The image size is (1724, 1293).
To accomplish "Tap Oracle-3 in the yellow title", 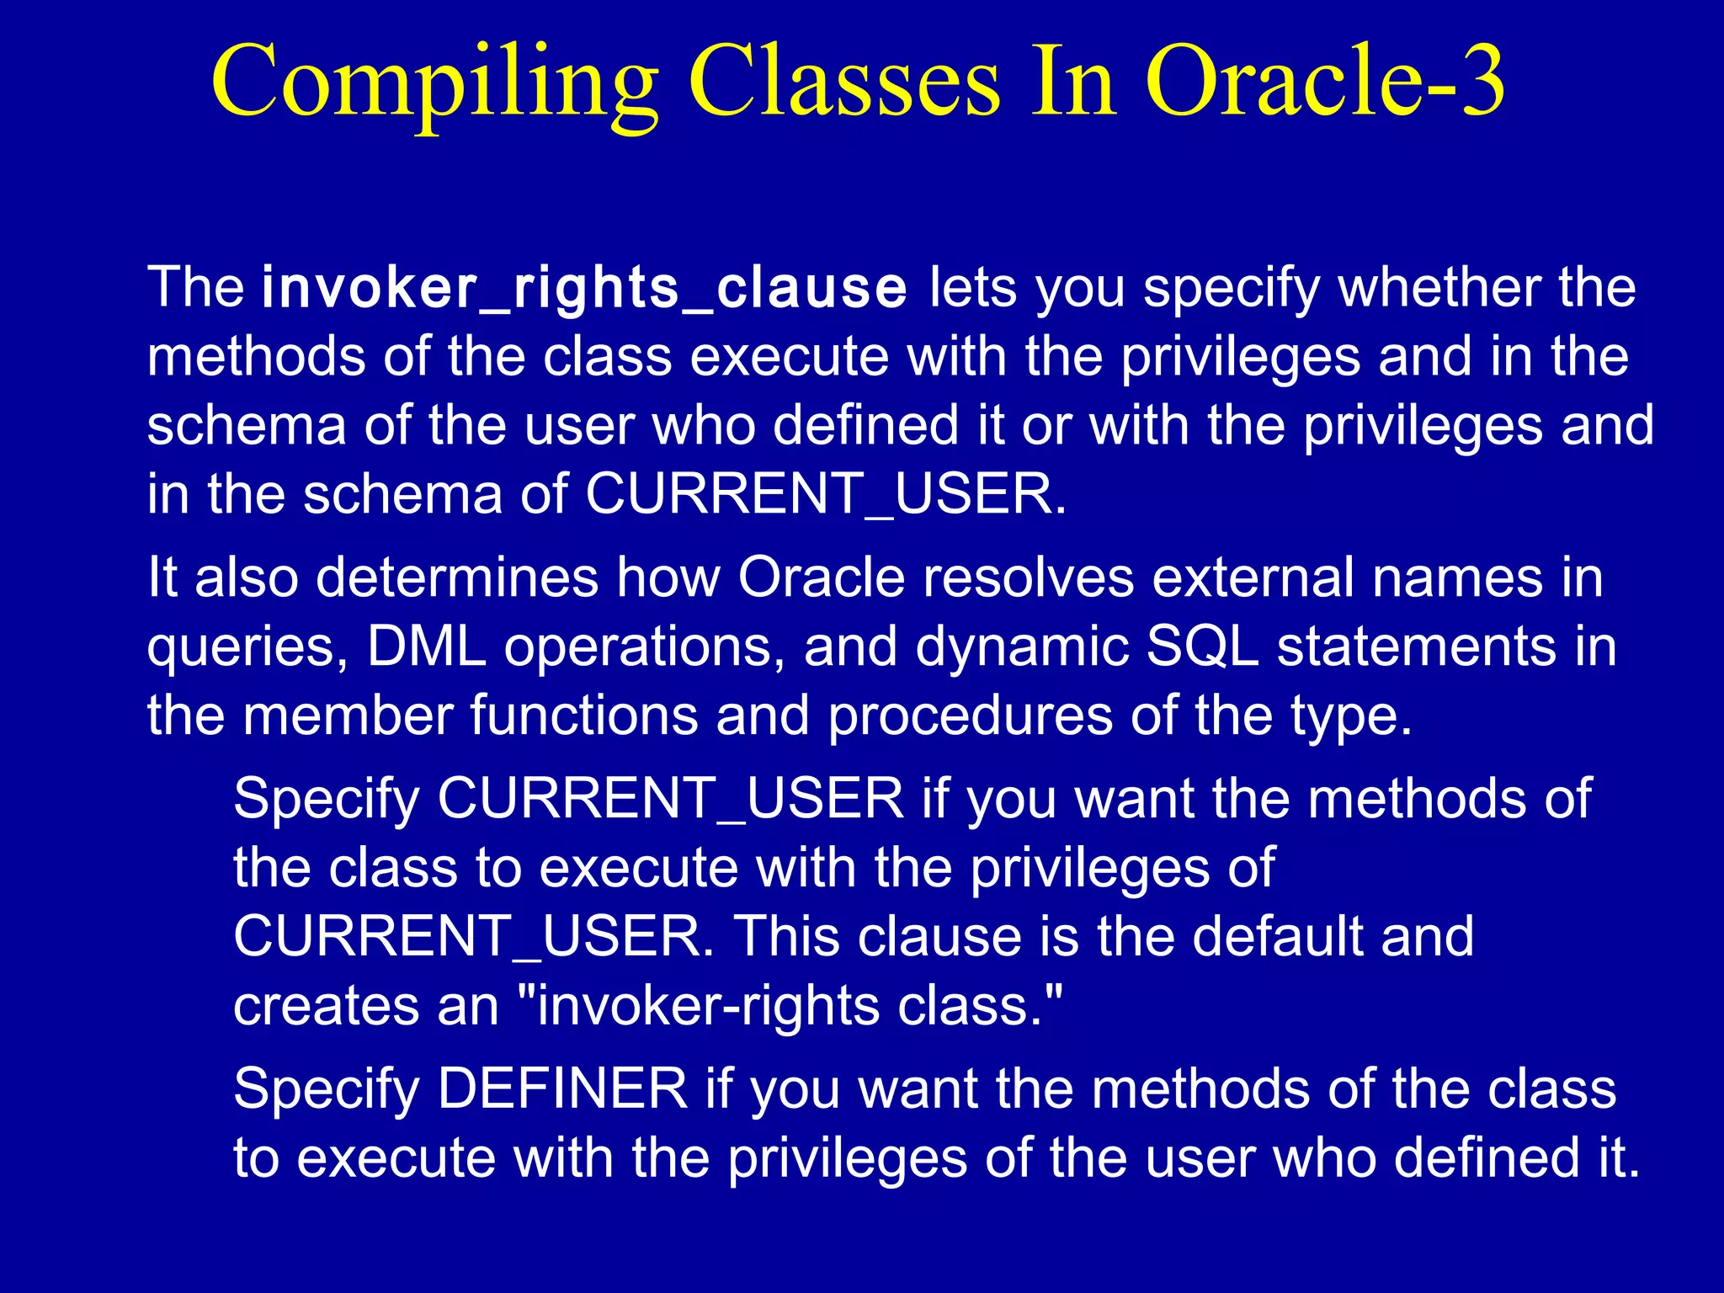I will [x=1324, y=82].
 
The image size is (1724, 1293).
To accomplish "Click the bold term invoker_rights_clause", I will [x=584, y=288].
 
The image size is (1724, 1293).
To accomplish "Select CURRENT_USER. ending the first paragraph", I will [x=825, y=494].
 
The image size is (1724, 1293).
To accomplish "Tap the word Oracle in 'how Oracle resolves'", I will [x=822, y=578].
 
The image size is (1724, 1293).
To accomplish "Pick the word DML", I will [x=427, y=647].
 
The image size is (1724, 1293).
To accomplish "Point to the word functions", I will [x=584, y=716].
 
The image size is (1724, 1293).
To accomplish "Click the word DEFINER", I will [x=562, y=1088].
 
